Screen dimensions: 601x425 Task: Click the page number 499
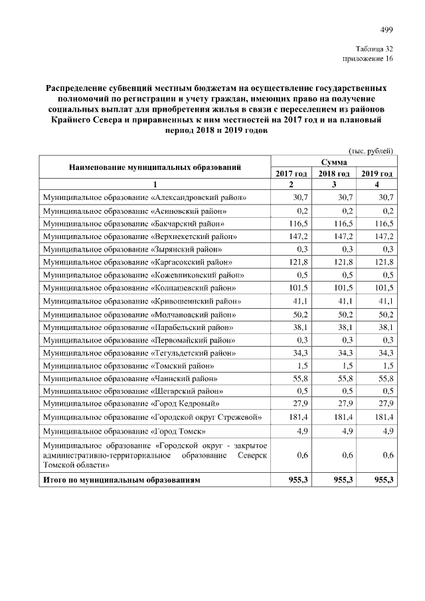[x=386, y=29]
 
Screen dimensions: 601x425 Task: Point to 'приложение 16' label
[x=368, y=60]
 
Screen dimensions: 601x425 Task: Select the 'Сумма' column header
[x=333, y=162]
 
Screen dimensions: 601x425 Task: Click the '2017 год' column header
[x=291, y=173]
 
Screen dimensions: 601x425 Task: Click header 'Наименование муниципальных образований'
[x=155, y=167]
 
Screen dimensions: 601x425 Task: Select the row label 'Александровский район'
[x=144, y=198]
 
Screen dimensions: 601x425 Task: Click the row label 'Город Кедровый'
[x=130, y=403]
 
